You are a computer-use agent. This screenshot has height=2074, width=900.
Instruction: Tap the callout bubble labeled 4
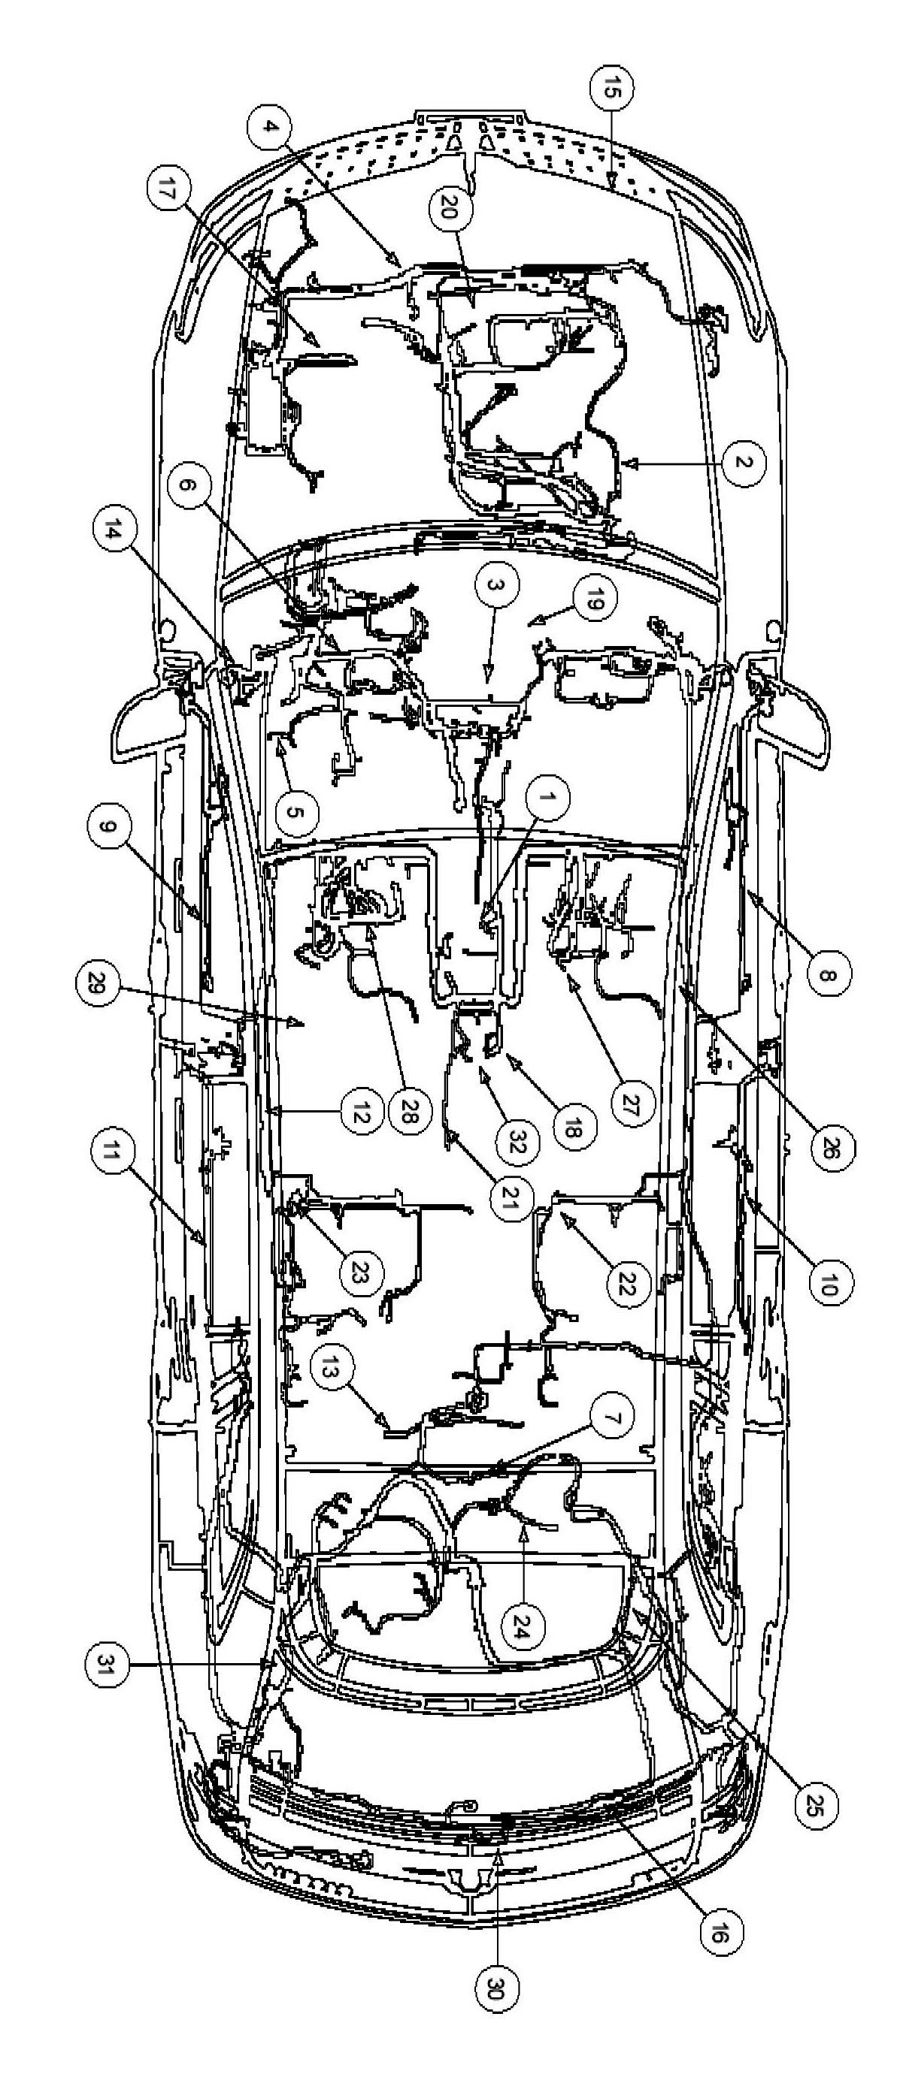point(270,126)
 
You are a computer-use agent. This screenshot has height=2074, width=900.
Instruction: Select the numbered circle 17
point(168,193)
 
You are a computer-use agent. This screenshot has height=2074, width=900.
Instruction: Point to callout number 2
point(743,463)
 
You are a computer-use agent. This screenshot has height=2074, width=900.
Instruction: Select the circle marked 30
point(495,1983)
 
